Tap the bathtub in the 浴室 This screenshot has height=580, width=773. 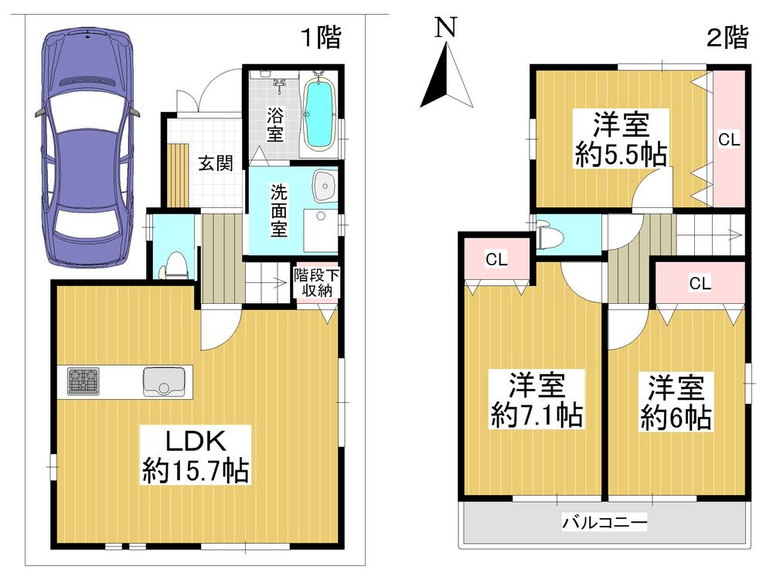[x=318, y=115]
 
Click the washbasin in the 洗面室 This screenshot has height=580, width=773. [x=325, y=186]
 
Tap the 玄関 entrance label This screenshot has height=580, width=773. [x=216, y=165]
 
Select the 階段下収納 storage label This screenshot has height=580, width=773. [x=315, y=282]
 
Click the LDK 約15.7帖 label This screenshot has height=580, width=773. [x=195, y=455]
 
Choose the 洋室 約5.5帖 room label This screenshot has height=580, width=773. [x=621, y=139]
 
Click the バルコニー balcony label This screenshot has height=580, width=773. [x=604, y=522]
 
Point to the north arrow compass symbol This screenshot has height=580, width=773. [x=447, y=73]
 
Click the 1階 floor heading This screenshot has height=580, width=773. [x=320, y=37]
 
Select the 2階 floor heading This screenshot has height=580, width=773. [x=727, y=37]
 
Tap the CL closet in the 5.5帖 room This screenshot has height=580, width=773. [x=729, y=140]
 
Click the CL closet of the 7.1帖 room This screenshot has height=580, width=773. [x=495, y=260]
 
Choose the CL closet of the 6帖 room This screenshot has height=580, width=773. [x=700, y=284]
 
